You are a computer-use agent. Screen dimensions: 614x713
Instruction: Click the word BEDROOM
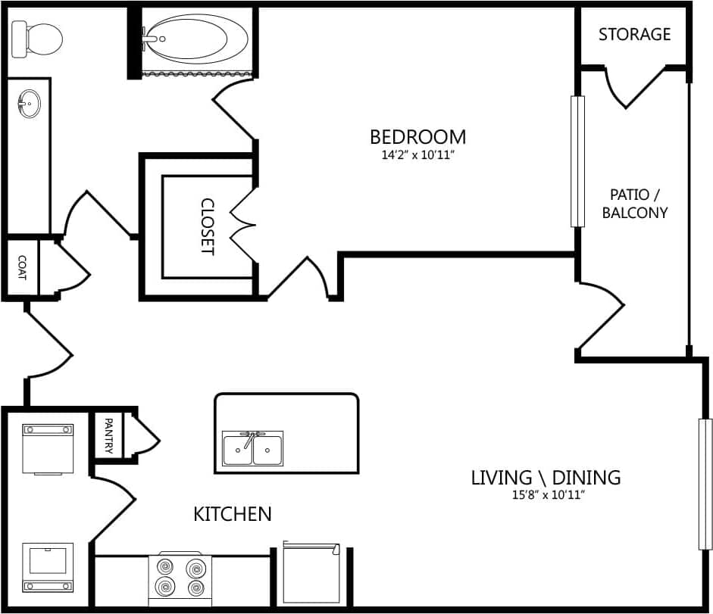417,137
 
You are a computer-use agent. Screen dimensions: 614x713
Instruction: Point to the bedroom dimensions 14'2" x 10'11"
417,154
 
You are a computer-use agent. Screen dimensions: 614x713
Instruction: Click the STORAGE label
634,34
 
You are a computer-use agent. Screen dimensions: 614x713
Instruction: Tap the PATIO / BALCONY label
635,204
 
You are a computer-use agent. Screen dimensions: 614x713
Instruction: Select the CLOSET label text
207,227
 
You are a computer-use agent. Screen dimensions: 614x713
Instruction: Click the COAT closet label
21,267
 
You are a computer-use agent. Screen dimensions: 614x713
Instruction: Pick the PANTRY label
108,436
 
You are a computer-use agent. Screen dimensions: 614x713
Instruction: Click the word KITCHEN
233,514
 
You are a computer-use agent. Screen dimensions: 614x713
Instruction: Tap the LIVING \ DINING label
546,478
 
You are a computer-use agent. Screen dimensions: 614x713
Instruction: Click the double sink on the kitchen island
253,448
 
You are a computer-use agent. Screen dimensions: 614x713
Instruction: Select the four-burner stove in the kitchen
180,576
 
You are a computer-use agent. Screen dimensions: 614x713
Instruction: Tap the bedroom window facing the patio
578,161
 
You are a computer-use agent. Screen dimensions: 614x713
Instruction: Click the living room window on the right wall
705,484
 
